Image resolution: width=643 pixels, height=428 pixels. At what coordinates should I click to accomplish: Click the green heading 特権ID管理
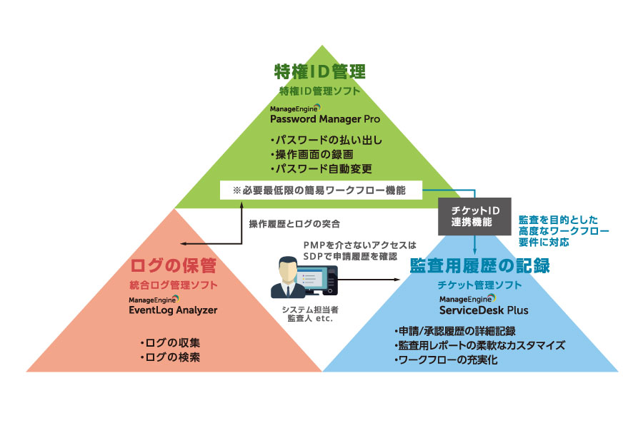point(320,71)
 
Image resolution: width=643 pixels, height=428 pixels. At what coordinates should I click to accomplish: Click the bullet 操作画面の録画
point(311,155)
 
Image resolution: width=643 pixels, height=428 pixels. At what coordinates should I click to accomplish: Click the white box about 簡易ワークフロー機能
point(321,190)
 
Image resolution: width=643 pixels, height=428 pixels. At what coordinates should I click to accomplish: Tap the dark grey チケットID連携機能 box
point(475,216)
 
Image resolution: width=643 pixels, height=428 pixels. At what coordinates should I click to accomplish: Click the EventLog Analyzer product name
point(173,310)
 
